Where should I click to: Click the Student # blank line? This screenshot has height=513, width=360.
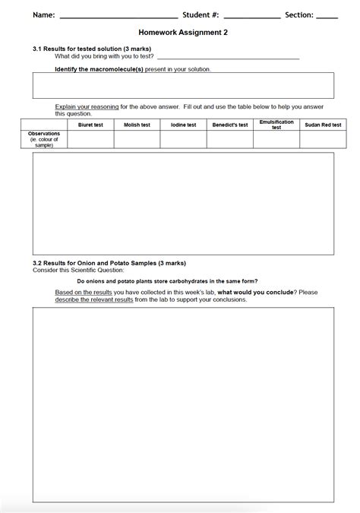point(251,15)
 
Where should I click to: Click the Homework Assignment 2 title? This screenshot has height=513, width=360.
point(183,33)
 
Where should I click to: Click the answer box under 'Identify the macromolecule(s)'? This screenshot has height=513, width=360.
point(183,85)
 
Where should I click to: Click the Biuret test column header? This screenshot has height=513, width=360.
point(90,125)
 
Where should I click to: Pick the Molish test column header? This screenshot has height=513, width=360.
point(137,125)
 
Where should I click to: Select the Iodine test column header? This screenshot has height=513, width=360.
point(183,125)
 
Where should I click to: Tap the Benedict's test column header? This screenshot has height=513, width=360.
point(229,125)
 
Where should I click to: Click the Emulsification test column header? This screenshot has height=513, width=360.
point(276,125)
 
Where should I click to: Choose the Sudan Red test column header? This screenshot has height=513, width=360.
point(323,125)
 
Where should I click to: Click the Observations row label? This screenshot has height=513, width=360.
point(44,139)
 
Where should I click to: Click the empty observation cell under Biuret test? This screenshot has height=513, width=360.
point(90,139)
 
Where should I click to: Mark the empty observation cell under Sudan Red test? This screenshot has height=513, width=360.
point(323,139)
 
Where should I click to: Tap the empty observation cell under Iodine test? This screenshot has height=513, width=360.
point(183,139)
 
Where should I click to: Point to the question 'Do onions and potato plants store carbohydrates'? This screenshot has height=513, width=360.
point(167,281)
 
